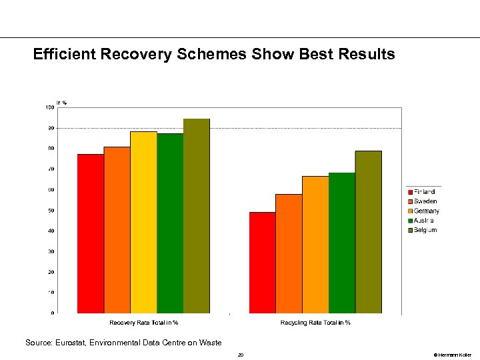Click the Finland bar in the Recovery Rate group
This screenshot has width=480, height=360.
point(91,233)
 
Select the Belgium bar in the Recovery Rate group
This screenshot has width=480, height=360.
point(197,216)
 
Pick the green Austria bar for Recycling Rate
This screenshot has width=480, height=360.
point(342,243)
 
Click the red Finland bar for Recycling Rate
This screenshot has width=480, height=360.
point(262,263)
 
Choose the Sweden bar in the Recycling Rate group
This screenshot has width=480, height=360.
point(289,253)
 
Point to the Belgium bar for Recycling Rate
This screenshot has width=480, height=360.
point(369,232)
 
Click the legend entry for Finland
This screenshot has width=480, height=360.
point(424,192)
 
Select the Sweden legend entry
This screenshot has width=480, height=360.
point(425,201)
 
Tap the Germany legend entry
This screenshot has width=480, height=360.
point(426,211)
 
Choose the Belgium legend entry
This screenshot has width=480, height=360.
point(425,230)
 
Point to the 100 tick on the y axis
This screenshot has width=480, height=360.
point(49,107)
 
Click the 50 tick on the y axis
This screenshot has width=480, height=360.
point(51,210)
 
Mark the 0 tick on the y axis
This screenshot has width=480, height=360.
point(53,313)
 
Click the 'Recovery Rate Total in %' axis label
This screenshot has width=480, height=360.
point(144,323)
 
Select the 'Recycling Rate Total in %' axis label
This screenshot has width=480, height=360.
point(315,323)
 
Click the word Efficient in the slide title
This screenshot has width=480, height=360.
point(65,54)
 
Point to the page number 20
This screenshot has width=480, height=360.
point(240,355)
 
